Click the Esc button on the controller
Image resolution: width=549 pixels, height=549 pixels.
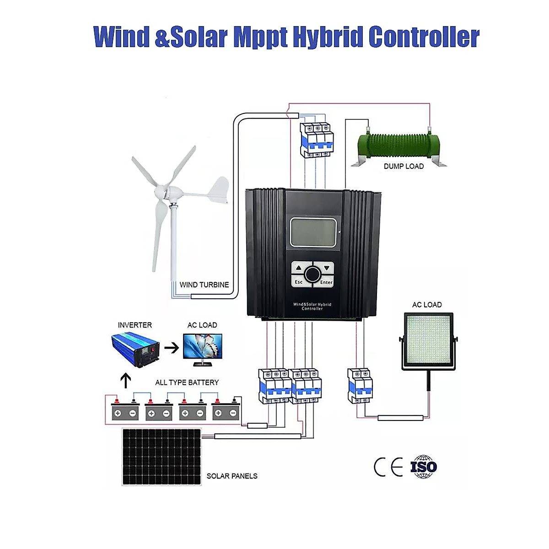pos(298,282)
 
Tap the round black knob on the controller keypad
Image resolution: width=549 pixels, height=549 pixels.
pos(312,274)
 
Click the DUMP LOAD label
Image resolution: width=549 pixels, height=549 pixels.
pos(404,167)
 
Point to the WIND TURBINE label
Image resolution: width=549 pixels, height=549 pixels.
pos(204,285)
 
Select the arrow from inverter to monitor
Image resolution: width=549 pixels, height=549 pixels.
pos(172,348)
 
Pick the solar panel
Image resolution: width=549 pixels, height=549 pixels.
pos(161,457)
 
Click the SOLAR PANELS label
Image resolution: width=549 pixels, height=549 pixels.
pos(232,476)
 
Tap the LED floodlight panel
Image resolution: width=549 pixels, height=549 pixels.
pos(428,341)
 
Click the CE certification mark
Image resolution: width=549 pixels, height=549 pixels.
pos(388,467)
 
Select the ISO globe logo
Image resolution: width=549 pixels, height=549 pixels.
pos(424,467)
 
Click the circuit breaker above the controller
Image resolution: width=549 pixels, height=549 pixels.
pos(316,140)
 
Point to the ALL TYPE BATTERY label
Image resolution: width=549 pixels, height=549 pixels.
pos(187,382)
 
